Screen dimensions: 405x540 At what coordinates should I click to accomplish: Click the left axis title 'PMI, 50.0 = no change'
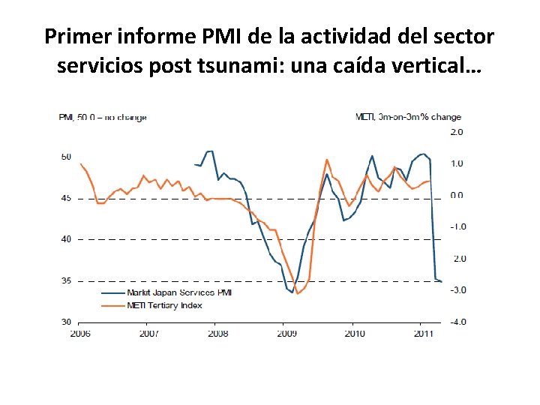coord(103,117)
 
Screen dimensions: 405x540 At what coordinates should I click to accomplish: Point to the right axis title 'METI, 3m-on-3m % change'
coord(408,117)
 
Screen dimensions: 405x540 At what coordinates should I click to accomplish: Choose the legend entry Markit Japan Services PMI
coord(179,292)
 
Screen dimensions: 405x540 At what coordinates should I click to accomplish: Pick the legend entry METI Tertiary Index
coord(164,304)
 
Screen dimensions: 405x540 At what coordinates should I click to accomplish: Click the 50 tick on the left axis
coord(65,157)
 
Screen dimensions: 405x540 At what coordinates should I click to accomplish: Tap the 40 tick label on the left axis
coord(65,239)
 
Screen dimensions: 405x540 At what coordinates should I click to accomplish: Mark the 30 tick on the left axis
coord(65,322)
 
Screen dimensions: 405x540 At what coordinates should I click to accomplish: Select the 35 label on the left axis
coord(65,280)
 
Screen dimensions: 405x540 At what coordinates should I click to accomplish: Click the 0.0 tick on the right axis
coord(457,195)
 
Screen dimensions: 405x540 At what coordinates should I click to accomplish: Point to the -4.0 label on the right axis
coord(456,322)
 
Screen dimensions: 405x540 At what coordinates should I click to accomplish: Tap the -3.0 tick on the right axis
coord(456,290)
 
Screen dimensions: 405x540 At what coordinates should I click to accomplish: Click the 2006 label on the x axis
coord(80,333)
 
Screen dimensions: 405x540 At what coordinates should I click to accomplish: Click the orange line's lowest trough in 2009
coord(298,293)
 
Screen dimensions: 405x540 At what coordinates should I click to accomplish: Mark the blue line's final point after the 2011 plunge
coord(441,281)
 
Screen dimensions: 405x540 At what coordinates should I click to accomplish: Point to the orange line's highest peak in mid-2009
coord(327,159)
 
